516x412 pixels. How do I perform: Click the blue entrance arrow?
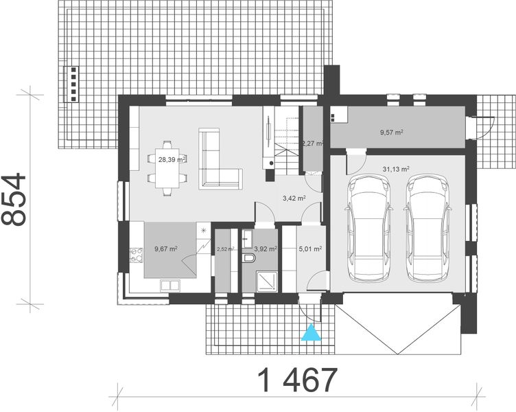(x=312, y=334)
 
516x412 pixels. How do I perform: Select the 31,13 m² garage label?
(x=395, y=168)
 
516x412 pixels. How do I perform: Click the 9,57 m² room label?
(x=391, y=132)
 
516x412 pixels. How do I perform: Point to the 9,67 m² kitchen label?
(x=165, y=249)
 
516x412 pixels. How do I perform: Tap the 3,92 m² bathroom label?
(x=265, y=249)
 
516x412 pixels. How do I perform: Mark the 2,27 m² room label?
(x=312, y=144)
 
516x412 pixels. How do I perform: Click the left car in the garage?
(x=368, y=228)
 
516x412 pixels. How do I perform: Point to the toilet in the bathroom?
(x=248, y=258)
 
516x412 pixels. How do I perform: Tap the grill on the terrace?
(x=71, y=84)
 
